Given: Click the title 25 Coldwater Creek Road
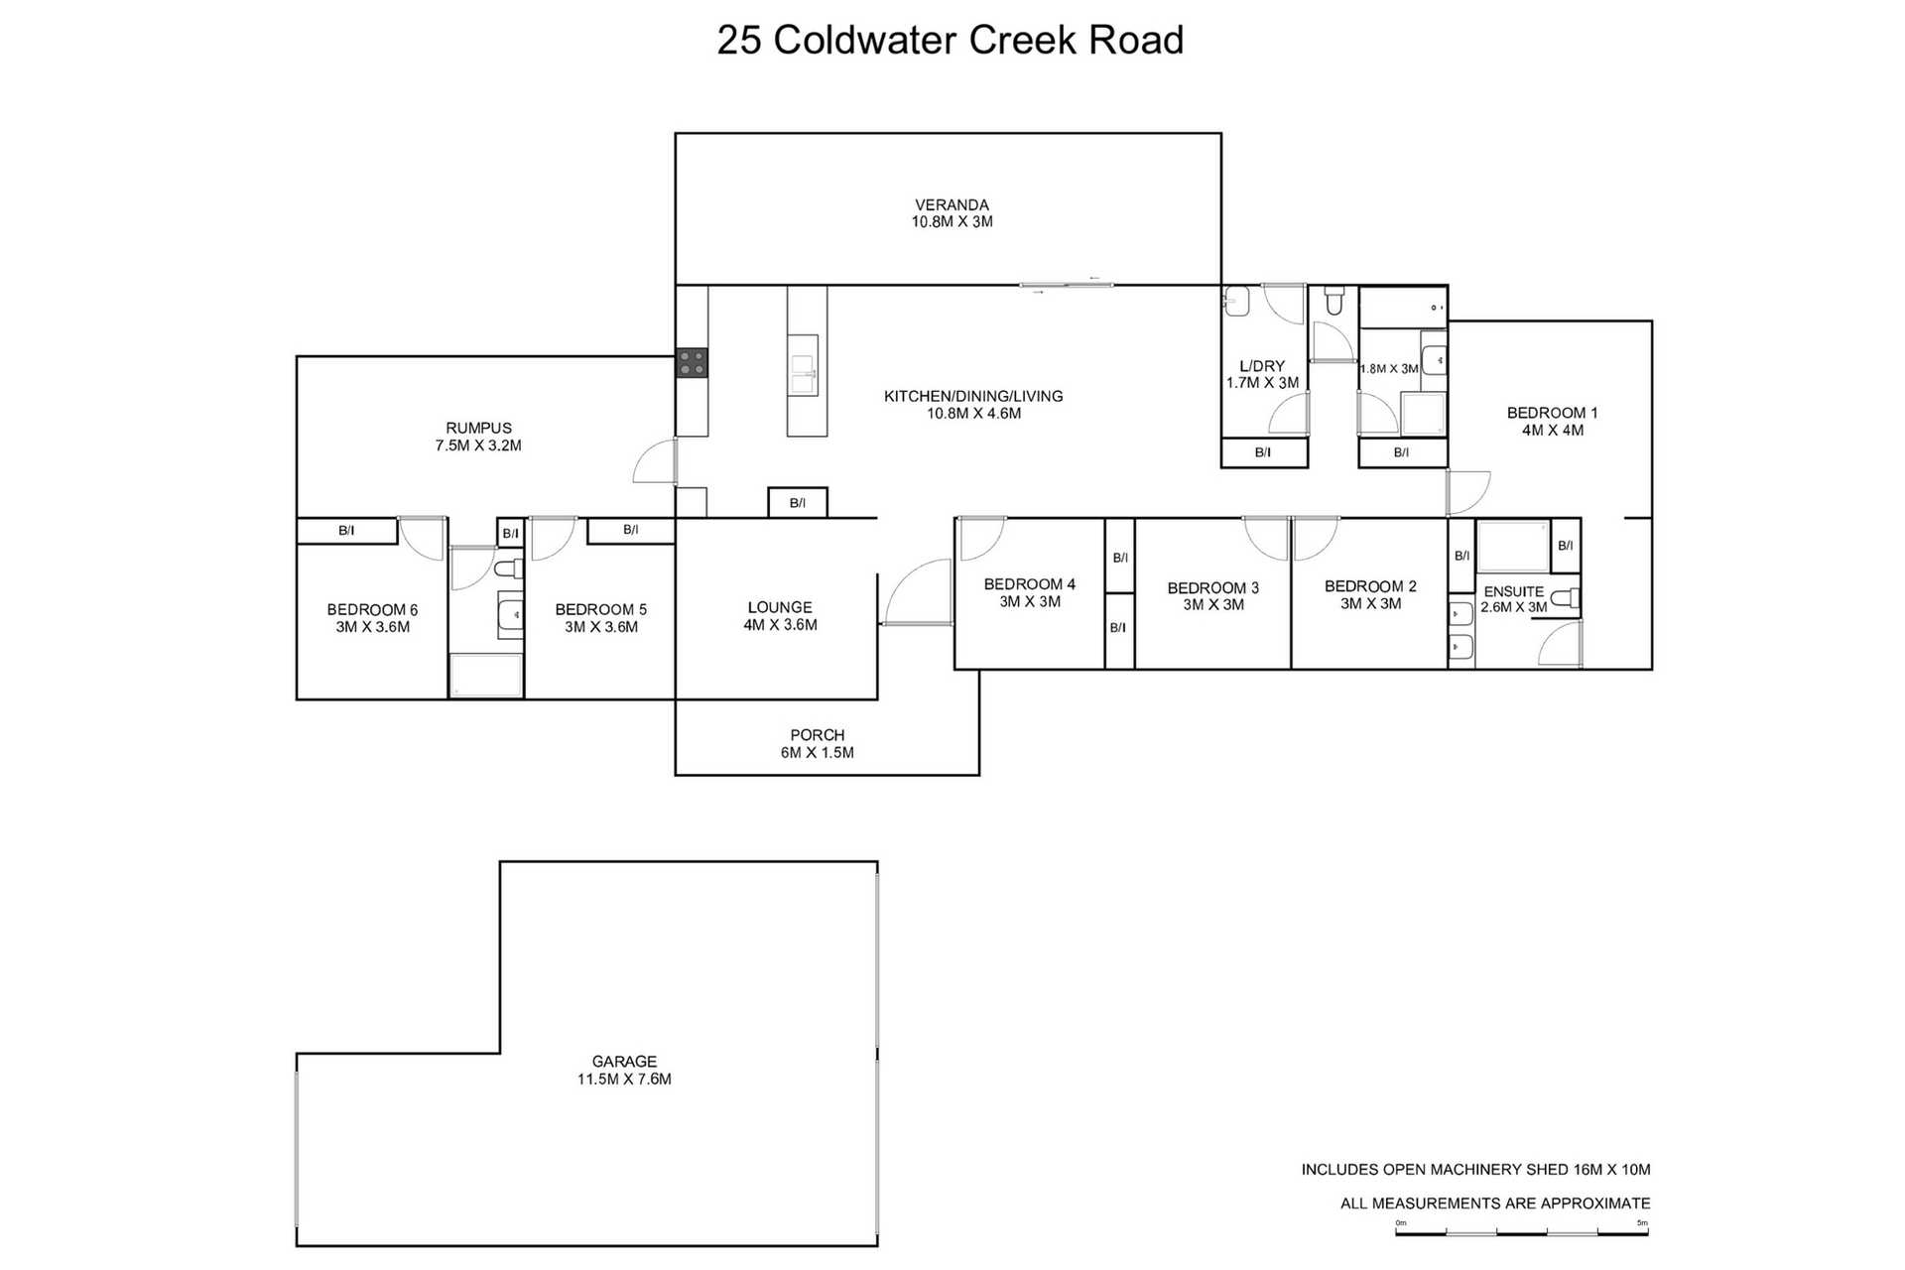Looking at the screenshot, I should (950, 41).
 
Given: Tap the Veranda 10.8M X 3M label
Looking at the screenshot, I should (952, 213).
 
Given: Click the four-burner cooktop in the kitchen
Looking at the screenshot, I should (692, 362).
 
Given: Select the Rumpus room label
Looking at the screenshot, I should (478, 437).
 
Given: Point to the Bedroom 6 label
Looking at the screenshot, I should (372, 617).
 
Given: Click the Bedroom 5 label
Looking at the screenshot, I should (600, 617).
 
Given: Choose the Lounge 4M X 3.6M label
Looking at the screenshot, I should (780, 615).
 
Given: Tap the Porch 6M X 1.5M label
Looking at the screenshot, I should (817, 743).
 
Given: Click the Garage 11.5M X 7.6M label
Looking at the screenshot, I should (624, 1070).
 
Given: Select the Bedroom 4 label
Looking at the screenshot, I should (1029, 592).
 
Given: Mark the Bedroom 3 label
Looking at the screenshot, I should (1212, 595).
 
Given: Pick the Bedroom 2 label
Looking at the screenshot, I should (1370, 594).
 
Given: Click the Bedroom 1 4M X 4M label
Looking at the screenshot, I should (1552, 421).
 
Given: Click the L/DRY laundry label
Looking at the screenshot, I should (1262, 373).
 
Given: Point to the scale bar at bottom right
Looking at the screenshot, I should (1521, 1231).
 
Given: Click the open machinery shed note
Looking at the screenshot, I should (1475, 1170).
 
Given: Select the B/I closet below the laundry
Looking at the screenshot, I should (1263, 452).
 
